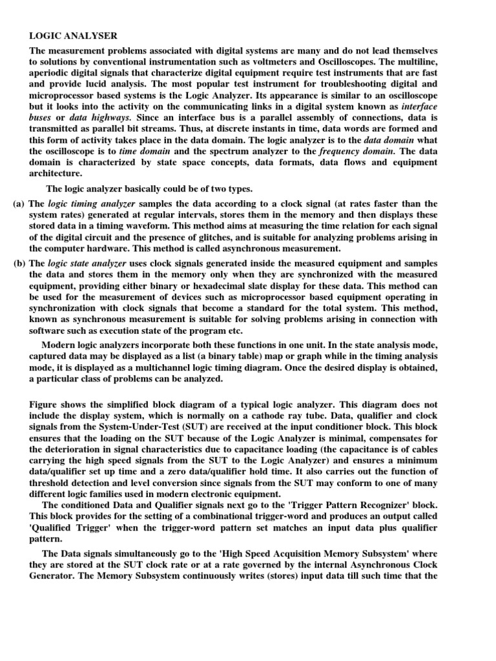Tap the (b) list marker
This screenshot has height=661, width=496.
point(19,264)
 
